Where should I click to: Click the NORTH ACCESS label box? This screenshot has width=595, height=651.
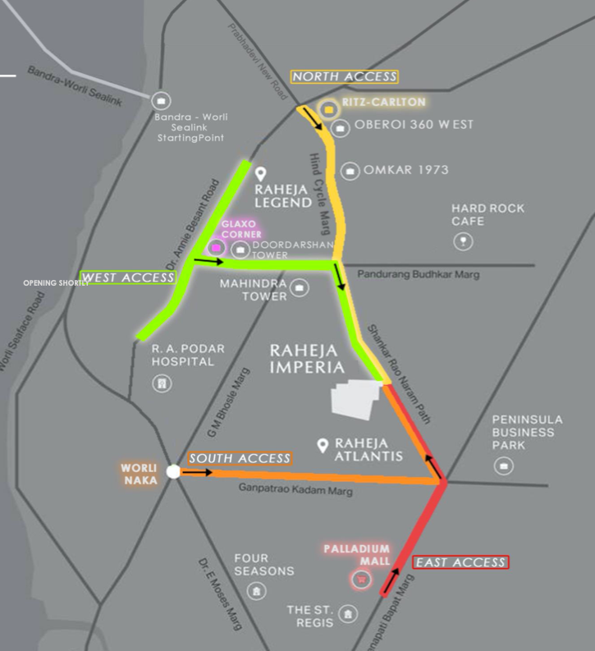coord(345,76)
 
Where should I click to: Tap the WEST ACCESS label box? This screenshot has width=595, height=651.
coord(129,277)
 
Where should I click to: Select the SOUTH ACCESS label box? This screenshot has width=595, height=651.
coord(240,458)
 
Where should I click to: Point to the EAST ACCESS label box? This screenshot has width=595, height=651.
coord(460,562)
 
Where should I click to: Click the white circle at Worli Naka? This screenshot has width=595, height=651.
coord(173,471)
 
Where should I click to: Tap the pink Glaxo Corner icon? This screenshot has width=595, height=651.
coord(217,247)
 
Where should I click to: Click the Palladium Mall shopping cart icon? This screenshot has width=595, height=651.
coord(359,580)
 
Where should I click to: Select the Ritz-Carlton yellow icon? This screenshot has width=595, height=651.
coord(329,109)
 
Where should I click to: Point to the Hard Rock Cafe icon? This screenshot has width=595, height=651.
coord(464,241)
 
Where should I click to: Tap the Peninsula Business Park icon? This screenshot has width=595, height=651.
coord(503,466)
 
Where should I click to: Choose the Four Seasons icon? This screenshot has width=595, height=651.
coord(258,591)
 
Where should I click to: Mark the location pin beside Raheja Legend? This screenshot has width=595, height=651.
coord(262,175)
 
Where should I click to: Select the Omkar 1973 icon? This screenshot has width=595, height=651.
coord(350,171)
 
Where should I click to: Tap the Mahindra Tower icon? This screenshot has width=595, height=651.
coord(300,287)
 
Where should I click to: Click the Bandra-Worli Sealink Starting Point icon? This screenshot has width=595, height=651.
coord(161,100)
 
